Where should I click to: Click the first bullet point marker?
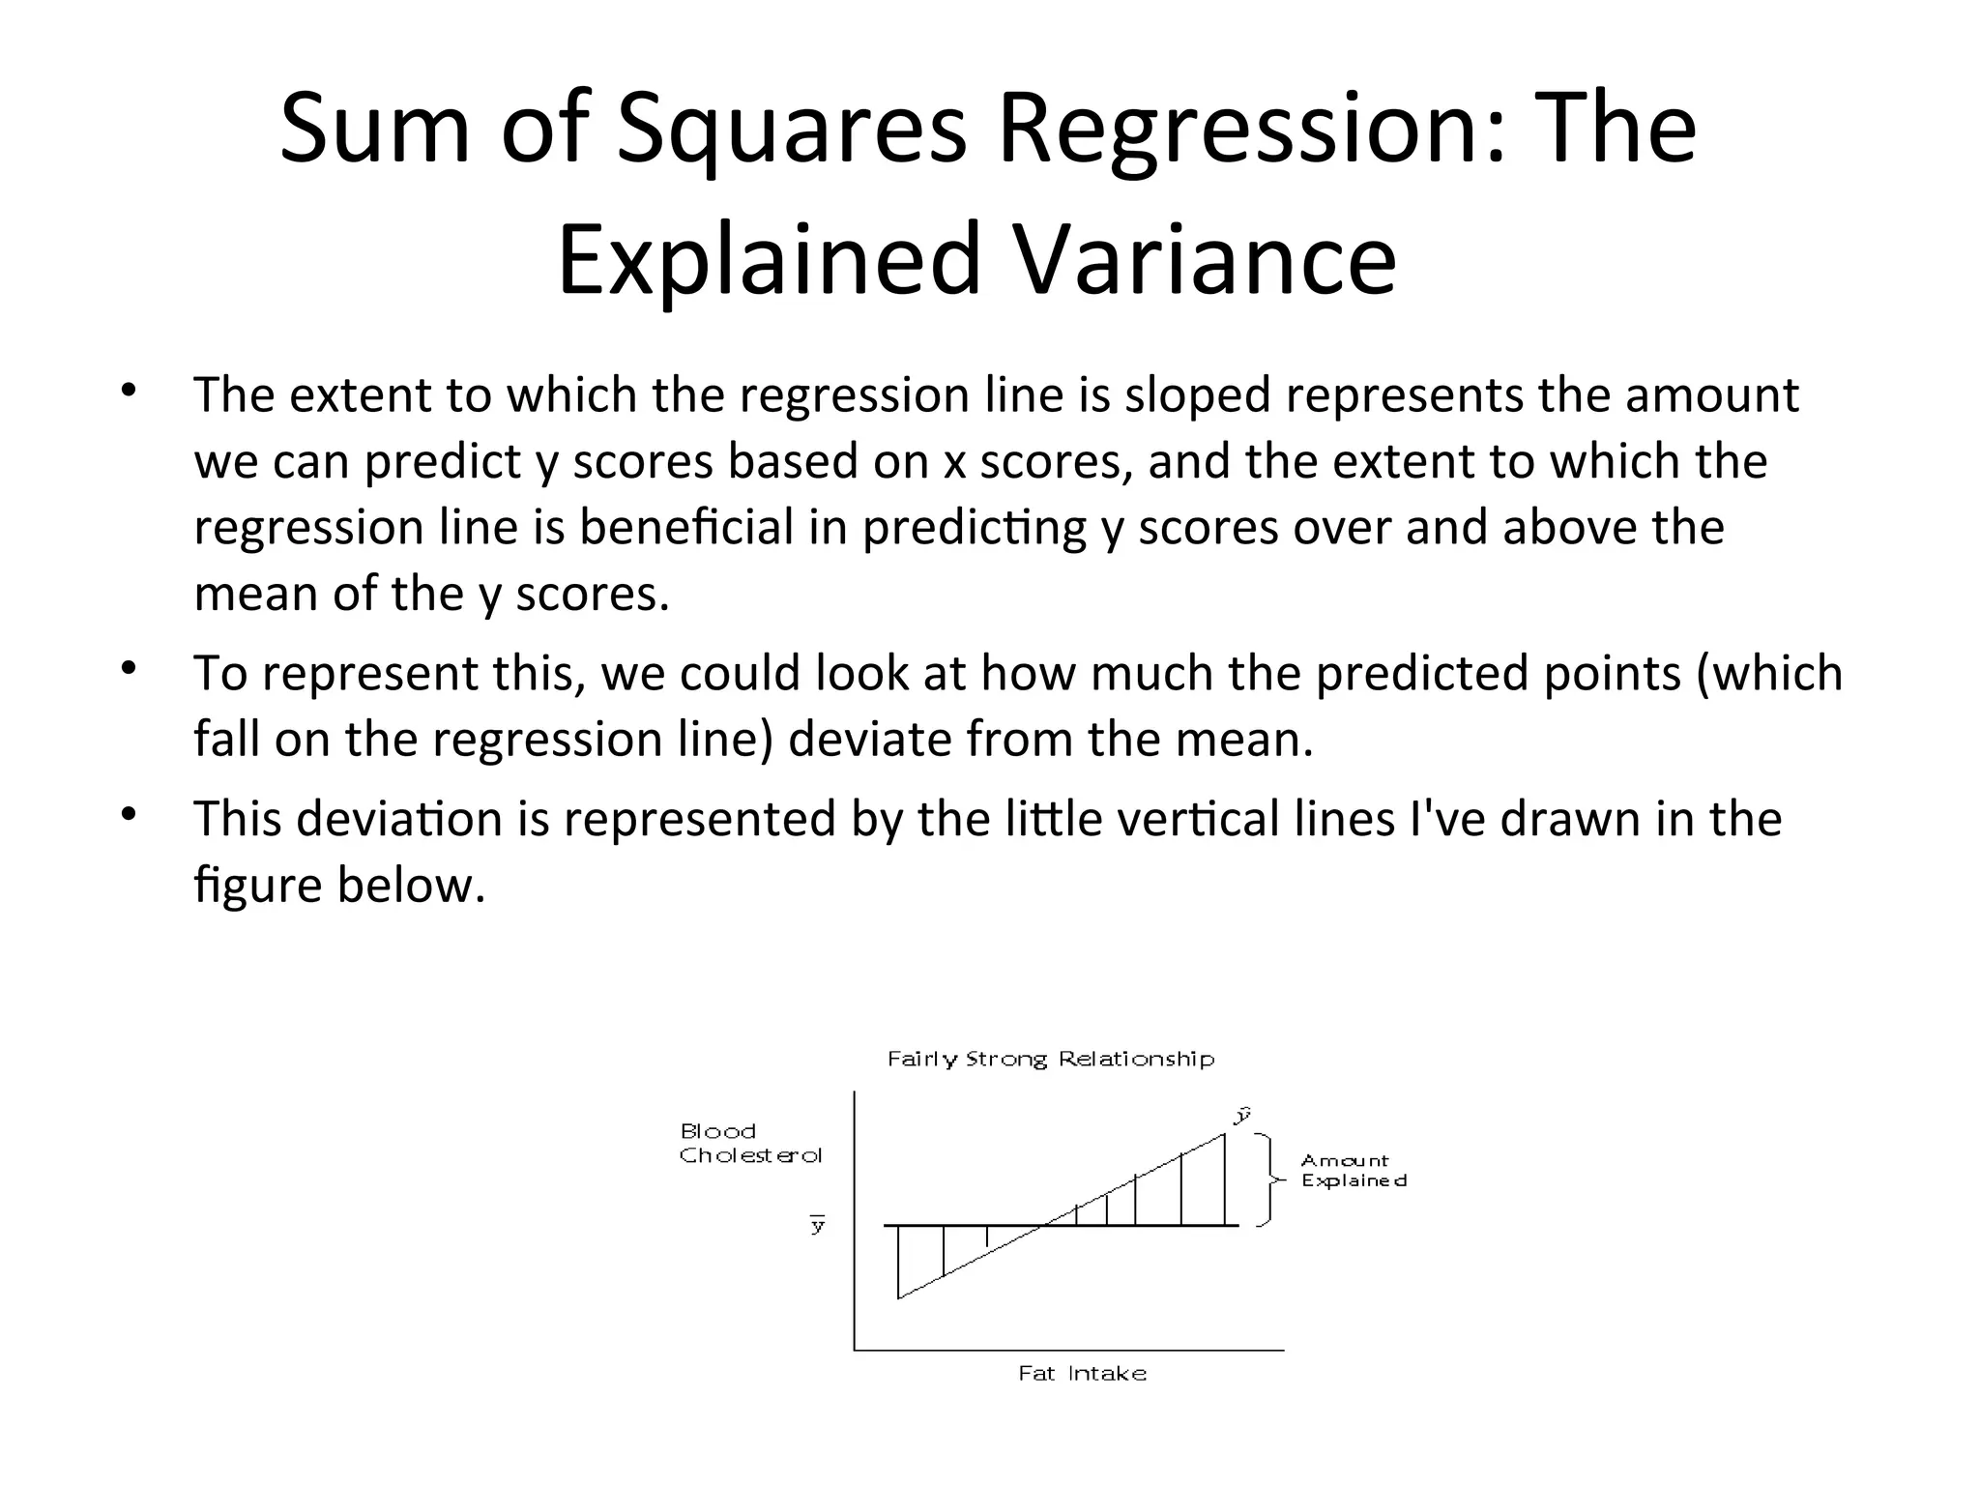[x=130, y=391]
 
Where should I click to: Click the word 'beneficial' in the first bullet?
[x=685, y=527]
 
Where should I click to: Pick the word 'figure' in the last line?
[x=257, y=885]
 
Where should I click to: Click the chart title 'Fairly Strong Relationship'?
[x=1050, y=1059]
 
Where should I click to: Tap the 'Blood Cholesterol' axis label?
[x=749, y=1143]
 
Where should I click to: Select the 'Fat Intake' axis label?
[x=1082, y=1374]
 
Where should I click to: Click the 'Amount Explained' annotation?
[x=1353, y=1170]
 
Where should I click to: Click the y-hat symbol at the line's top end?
[x=1243, y=1115]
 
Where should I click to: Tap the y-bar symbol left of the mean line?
[x=818, y=1225]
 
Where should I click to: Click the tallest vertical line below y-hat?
[x=1225, y=1179]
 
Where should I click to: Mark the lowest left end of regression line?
[x=899, y=1297]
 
